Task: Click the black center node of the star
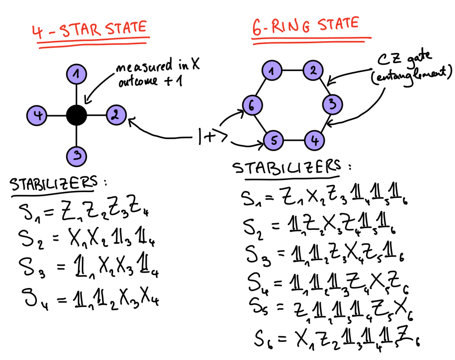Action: coord(77,116)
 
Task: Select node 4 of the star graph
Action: coord(38,116)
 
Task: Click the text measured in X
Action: coord(158,67)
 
